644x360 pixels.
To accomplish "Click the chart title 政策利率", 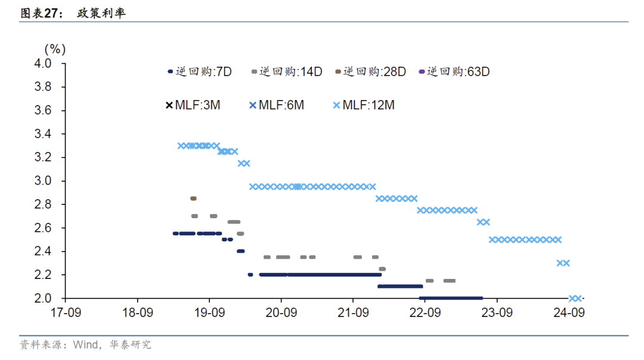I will click(101, 13).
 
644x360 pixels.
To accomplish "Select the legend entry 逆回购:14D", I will click(287, 72).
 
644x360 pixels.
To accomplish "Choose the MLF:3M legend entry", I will click(193, 105).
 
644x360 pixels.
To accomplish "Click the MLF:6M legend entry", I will click(277, 105).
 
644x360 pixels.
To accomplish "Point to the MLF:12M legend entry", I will click(363, 105).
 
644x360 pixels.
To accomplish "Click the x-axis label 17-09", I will click(66, 312).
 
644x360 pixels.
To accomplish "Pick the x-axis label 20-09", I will click(281, 312).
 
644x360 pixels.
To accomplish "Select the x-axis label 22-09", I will click(425, 312).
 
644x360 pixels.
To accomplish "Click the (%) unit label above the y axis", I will click(55, 48).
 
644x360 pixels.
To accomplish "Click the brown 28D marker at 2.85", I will click(193, 198).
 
